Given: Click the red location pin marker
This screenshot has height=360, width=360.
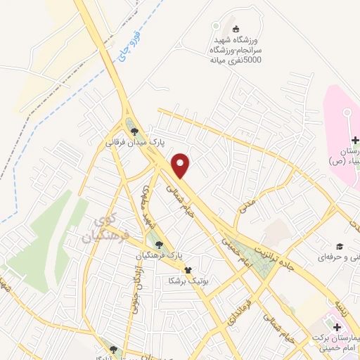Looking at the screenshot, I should pyautogui.click(x=181, y=165).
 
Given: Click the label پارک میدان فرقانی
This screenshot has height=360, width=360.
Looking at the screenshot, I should pyautogui.click(x=135, y=142).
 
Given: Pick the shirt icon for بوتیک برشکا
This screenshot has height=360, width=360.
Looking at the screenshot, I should pyautogui.click(x=188, y=269).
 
